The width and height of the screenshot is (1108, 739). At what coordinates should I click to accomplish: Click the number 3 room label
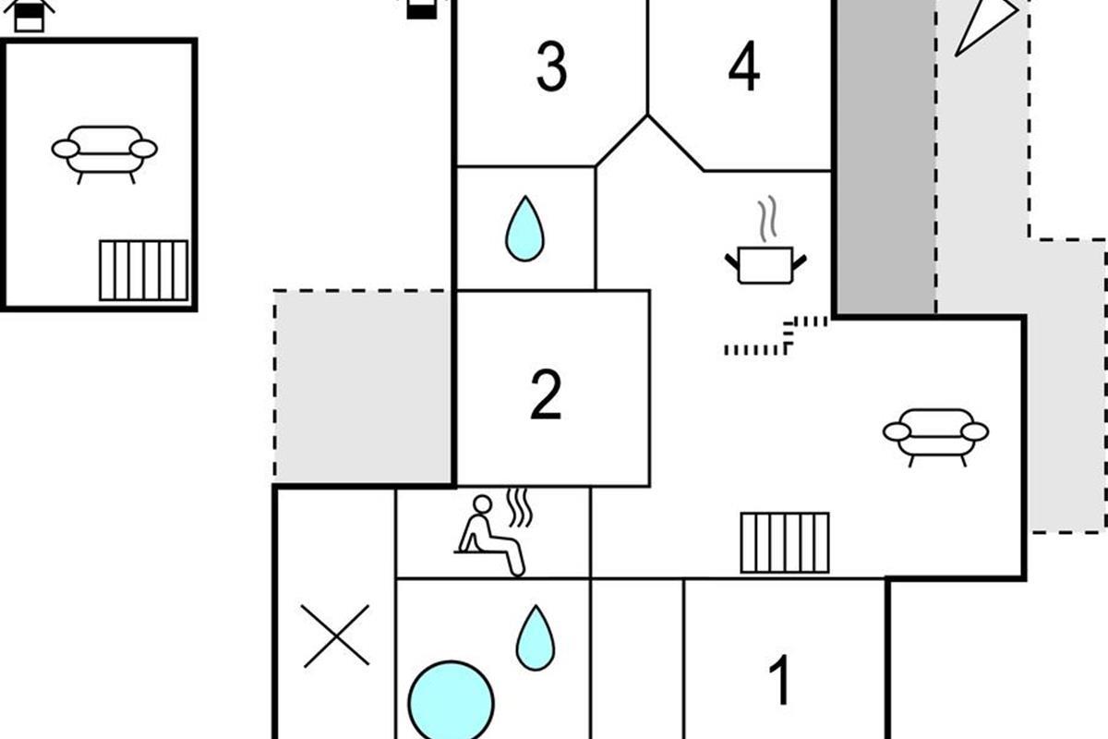pyautogui.click(x=551, y=67)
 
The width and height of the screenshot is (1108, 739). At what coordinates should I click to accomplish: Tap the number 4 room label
pyautogui.click(x=744, y=67)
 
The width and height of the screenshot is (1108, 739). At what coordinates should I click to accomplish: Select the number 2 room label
pyautogui.click(x=546, y=394)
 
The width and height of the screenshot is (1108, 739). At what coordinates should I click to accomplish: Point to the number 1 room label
pyautogui.click(x=780, y=682)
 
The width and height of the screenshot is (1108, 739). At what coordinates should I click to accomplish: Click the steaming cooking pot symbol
pyautogui.click(x=765, y=262)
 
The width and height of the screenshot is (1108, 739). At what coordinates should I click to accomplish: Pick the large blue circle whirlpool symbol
pyautogui.click(x=451, y=702)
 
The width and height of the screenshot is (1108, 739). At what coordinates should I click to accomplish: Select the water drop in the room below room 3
pyautogui.click(x=524, y=228)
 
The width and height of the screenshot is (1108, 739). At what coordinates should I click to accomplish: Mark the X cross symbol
pyautogui.click(x=336, y=636)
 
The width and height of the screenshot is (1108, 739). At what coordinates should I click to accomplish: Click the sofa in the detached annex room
pyautogui.click(x=104, y=151)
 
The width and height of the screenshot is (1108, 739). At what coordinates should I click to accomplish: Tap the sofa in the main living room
pyautogui.click(x=935, y=434)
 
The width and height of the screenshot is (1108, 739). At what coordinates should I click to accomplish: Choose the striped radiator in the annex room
pyautogui.click(x=143, y=270)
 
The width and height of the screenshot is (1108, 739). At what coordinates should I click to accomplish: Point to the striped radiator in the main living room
pyautogui.click(x=785, y=542)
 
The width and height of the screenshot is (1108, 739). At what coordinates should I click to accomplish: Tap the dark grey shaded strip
pyautogui.click(x=885, y=157)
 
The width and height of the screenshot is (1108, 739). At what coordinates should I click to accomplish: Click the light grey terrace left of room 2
pyautogui.click(x=363, y=386)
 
